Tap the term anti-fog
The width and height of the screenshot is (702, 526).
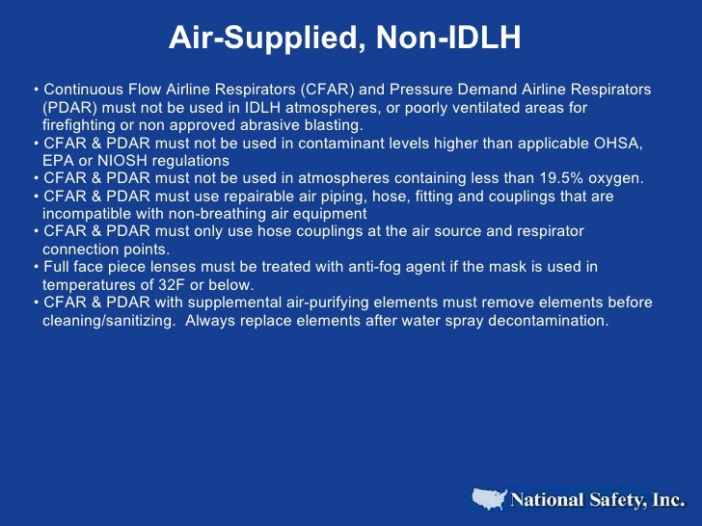[x=389, y=267]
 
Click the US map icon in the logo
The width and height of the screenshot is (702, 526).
[x=488, y=498]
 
